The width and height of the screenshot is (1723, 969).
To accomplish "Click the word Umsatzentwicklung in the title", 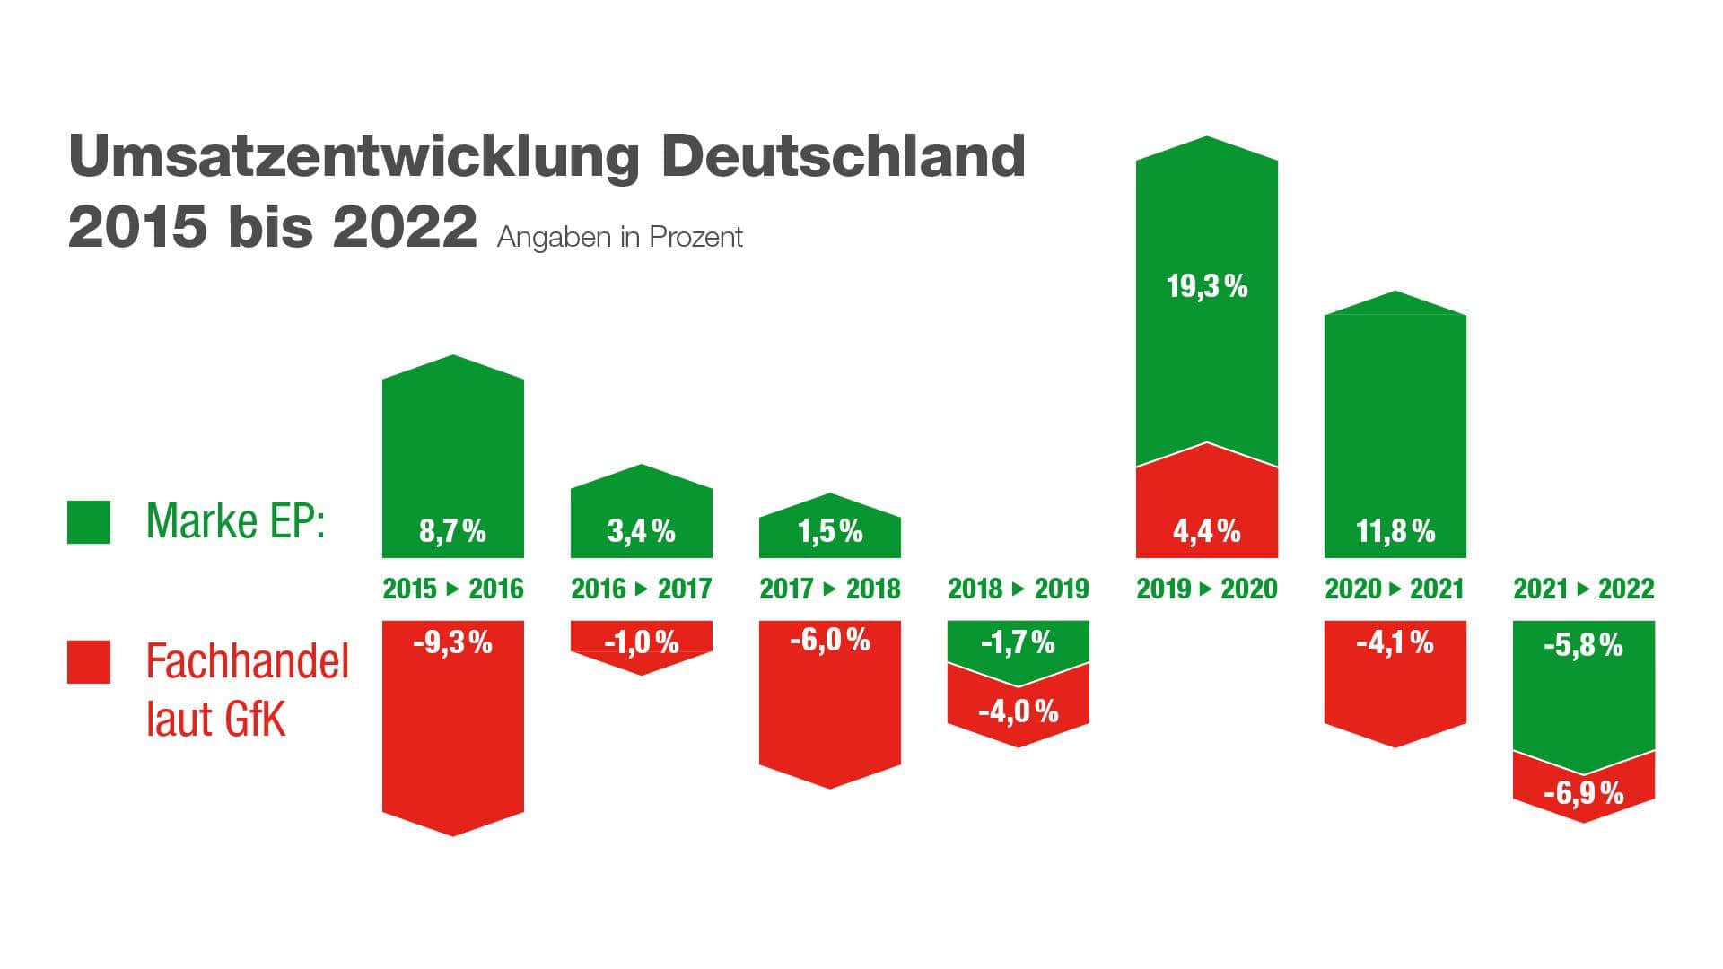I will pyautogui.click(x=354, y=158).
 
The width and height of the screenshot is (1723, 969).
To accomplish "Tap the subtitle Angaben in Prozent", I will pyautogui.click(x=619, y=237).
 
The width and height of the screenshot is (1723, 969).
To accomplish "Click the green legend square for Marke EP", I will pyautogui.click(x=89, y=522).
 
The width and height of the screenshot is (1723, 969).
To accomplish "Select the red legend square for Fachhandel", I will pyautogui.click(x=89, y=662).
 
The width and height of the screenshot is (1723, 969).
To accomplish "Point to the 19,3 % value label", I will pyautogui.click(x=1207, y=287).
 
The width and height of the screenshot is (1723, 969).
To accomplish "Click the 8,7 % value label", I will pyautogui.click(x=452, y=531).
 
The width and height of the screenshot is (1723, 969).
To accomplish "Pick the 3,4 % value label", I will pyautogui.click(x=641, y=531).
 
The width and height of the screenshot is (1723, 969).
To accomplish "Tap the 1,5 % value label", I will pyautogui.click(x=830, y=531).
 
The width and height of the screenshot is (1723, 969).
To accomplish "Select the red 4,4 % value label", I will pyautogui.click(x=1207, y=531).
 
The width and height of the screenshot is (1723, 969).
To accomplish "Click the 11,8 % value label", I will pyautogui.click(x=1395, y=531).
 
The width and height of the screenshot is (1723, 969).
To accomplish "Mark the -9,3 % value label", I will pyautogui.click(x=452, y=642).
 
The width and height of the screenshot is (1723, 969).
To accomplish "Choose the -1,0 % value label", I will pyautogui.click(x=641, y=642).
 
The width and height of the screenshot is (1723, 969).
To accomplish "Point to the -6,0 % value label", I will pyautogui.click(x=830, y=641).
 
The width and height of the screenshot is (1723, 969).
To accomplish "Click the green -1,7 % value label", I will pyautogui.click(x=1018, y=642).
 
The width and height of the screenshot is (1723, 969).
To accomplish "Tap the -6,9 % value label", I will pyautogui.click(x=1583, y=793).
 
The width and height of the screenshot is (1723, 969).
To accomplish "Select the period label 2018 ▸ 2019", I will pyautogui.click(x=1018, y=589).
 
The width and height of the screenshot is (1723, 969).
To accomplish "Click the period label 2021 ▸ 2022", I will pyautogui.click(x=1583, y=589).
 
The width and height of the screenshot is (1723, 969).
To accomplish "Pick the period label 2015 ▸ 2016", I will pyautogui.click(x=452, y=589).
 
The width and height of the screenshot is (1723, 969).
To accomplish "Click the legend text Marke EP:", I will pyautogui.click(x=235, y=520).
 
